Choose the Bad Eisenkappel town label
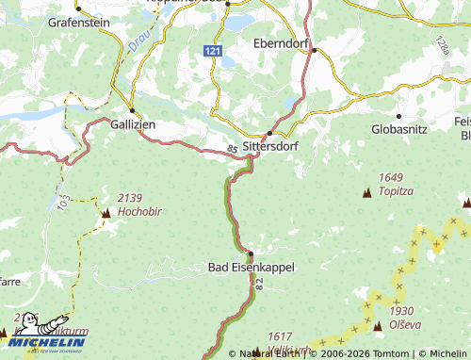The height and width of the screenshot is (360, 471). point(251,268)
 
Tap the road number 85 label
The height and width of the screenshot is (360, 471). point(231,148)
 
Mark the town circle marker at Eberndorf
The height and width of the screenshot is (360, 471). point(317,51)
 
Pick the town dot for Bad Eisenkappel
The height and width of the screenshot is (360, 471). point(251,254)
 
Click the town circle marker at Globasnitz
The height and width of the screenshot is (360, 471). point(398,116)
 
